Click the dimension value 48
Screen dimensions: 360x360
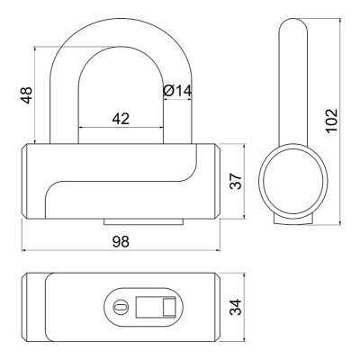27,95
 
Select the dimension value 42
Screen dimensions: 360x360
121,119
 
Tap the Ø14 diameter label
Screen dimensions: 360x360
177,91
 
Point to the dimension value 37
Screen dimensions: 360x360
236,181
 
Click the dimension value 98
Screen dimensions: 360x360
121,241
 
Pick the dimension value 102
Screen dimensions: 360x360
332,121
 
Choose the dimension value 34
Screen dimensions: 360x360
236,307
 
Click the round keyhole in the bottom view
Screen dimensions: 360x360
121,307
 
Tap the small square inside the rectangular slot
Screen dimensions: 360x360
169,307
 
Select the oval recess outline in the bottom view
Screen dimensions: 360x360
143,289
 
